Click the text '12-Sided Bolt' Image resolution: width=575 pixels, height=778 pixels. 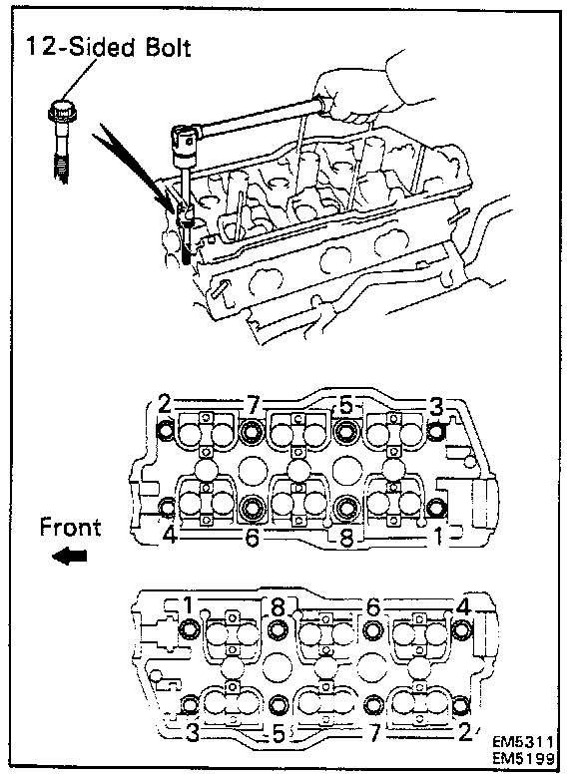pos(108,47)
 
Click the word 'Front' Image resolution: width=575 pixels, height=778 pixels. pos(70,527)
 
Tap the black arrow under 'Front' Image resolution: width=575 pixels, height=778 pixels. pos(70,556)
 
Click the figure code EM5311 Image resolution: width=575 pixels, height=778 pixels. pos(522,742)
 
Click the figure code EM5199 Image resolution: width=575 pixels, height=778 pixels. pos(523,759)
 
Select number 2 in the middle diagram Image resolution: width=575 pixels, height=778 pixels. pos(165,404)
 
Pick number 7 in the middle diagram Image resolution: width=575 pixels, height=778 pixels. pos(253,406)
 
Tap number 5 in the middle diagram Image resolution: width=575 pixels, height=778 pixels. pos(346,406)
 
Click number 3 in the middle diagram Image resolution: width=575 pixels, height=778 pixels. pos(435,407)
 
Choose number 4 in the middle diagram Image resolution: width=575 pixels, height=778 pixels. pos(170,535)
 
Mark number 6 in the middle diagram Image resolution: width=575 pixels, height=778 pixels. pos(252,538)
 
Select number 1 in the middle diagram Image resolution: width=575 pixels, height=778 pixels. pos(438,536)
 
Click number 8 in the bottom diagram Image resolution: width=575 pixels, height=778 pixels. pos(279,606)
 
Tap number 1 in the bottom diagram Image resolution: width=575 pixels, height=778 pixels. pos(188,605)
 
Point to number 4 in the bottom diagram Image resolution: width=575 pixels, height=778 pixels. pos(463,607)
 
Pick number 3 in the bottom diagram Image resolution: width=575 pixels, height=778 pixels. pos(192,733)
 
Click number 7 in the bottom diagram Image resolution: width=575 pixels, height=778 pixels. pos(375,732)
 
